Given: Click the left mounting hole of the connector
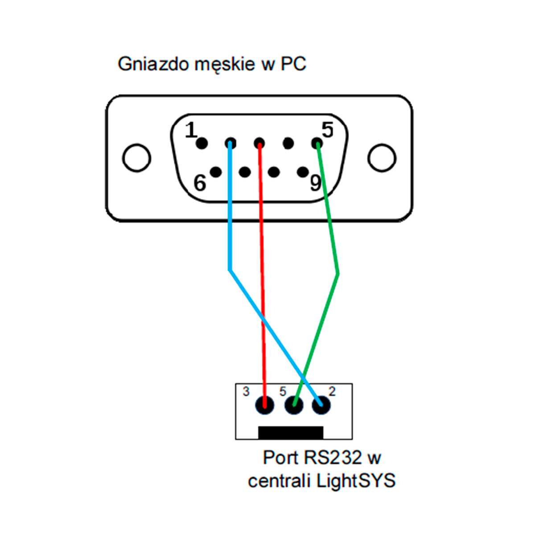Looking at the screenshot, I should click(136, 158).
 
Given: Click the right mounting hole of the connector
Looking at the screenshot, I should click(382, 158).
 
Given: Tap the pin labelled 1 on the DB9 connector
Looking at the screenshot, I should click(202, 144).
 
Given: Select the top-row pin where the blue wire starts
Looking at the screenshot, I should click(230, 144).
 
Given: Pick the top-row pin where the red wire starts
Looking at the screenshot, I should click(259, 144).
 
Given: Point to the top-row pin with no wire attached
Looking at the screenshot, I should click(288, 144).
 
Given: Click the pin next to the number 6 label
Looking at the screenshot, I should click(216, 172).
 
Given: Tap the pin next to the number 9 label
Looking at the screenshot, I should click(303, 172).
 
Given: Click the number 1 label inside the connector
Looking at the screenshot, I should click(191, 130).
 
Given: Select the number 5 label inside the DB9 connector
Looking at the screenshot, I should click(328, 130).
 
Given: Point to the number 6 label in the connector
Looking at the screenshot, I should click(200, 183).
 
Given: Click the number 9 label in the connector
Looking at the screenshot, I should click(316, 183).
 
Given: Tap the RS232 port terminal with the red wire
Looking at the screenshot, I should click(265, 405).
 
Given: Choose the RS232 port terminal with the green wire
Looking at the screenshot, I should click(294, 405).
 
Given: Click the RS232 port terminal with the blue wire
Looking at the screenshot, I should click(321, 405).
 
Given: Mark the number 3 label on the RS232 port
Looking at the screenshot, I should click(246, 392).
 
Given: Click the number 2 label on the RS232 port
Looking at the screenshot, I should click(332, 391).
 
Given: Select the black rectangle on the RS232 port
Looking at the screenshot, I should click(291, 432).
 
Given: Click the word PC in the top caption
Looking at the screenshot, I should click(293, 64).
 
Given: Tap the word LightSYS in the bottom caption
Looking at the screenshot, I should click(356, 481).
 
